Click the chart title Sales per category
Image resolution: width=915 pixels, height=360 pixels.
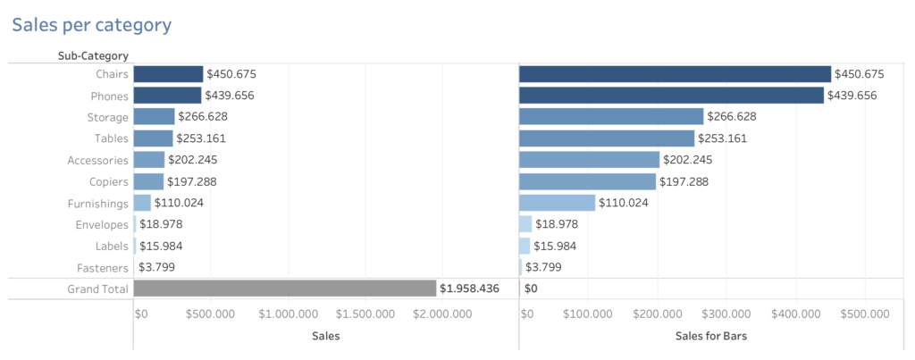[91, 24]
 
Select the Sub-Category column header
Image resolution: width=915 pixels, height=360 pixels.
[93, 56]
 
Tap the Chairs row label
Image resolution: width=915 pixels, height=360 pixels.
[112, 74]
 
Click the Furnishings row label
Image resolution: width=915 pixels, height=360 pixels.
[98, 203]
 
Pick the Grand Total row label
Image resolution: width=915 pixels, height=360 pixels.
[98, 289]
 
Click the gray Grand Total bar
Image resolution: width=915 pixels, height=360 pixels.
[284, 289]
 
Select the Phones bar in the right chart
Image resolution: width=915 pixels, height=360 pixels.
[670, 96]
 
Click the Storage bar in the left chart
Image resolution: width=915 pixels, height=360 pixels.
[154, 117]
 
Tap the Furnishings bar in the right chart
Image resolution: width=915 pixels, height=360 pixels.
[557, 203]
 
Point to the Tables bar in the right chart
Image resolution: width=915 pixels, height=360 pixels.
[606, 138]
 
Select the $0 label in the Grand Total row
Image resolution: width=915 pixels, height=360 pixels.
[531, 289]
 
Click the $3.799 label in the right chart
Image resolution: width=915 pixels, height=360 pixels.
[543, 267]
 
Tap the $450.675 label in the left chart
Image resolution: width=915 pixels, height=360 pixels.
[231, 74]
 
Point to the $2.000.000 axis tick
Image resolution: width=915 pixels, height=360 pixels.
[444, 314]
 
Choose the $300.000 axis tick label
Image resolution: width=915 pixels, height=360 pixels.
[726, 314]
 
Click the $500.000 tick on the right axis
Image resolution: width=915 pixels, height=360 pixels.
[864, 314]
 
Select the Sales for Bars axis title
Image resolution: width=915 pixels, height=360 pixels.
[710, 336]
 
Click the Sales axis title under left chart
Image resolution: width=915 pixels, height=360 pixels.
[325, 336]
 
